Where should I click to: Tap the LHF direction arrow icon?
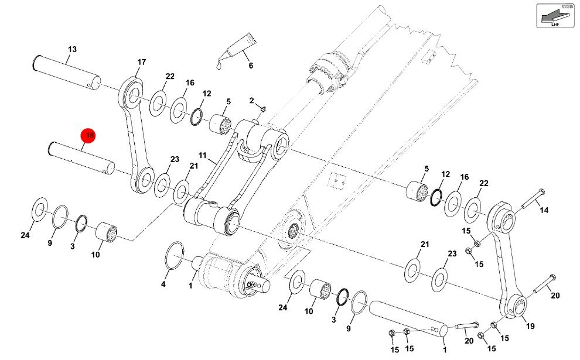[554, 15]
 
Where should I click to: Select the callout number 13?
[72, 49]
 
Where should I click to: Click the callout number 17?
[141, 63]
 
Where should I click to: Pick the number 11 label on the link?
[203, 156]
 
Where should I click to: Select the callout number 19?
[531, 326]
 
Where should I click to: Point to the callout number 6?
[250, 66]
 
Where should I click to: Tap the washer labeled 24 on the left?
[39, 209]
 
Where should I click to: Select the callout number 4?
[163, 284]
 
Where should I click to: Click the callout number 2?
[251, 101]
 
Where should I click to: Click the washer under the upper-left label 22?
[157, 102]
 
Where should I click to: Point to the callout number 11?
[203, 156]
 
